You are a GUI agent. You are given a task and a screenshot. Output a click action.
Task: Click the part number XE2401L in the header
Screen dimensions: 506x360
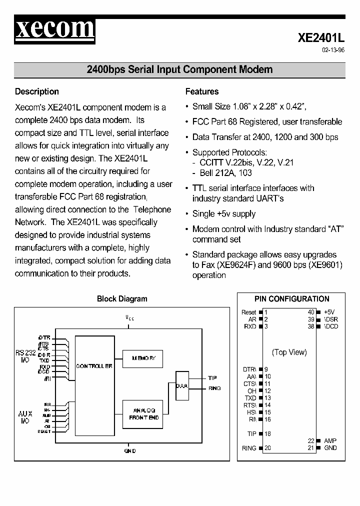(321, 38)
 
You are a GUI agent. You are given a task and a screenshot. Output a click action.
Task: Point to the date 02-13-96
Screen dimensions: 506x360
(333, 50)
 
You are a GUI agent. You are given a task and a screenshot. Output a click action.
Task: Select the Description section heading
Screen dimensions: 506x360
(37, 91)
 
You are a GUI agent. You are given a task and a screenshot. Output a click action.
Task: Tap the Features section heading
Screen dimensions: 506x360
(202, 91)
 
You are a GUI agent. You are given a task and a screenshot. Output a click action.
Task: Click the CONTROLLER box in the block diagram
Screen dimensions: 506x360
(94, 366)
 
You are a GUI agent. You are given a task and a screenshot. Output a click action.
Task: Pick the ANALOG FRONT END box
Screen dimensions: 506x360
(143, 413)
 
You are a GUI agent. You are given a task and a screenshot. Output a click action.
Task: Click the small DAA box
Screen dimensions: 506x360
(181, 385)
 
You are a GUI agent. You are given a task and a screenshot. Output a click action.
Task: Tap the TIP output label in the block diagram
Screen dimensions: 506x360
(212, 378)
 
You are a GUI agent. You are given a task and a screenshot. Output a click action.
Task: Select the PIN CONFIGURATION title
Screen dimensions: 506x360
(292, 299)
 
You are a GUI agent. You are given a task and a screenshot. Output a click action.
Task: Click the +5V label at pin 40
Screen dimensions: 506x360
(329, 312)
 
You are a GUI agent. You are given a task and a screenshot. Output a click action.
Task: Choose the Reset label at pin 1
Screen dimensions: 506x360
(248, 312)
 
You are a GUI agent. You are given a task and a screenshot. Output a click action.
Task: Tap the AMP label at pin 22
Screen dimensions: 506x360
(330, 441)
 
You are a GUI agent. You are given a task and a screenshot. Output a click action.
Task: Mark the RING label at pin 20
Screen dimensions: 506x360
(248, 448)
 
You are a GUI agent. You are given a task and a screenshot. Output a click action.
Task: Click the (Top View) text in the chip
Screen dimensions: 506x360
(289, 352)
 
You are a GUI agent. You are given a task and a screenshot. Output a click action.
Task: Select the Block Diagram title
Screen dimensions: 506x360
(122, 299)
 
